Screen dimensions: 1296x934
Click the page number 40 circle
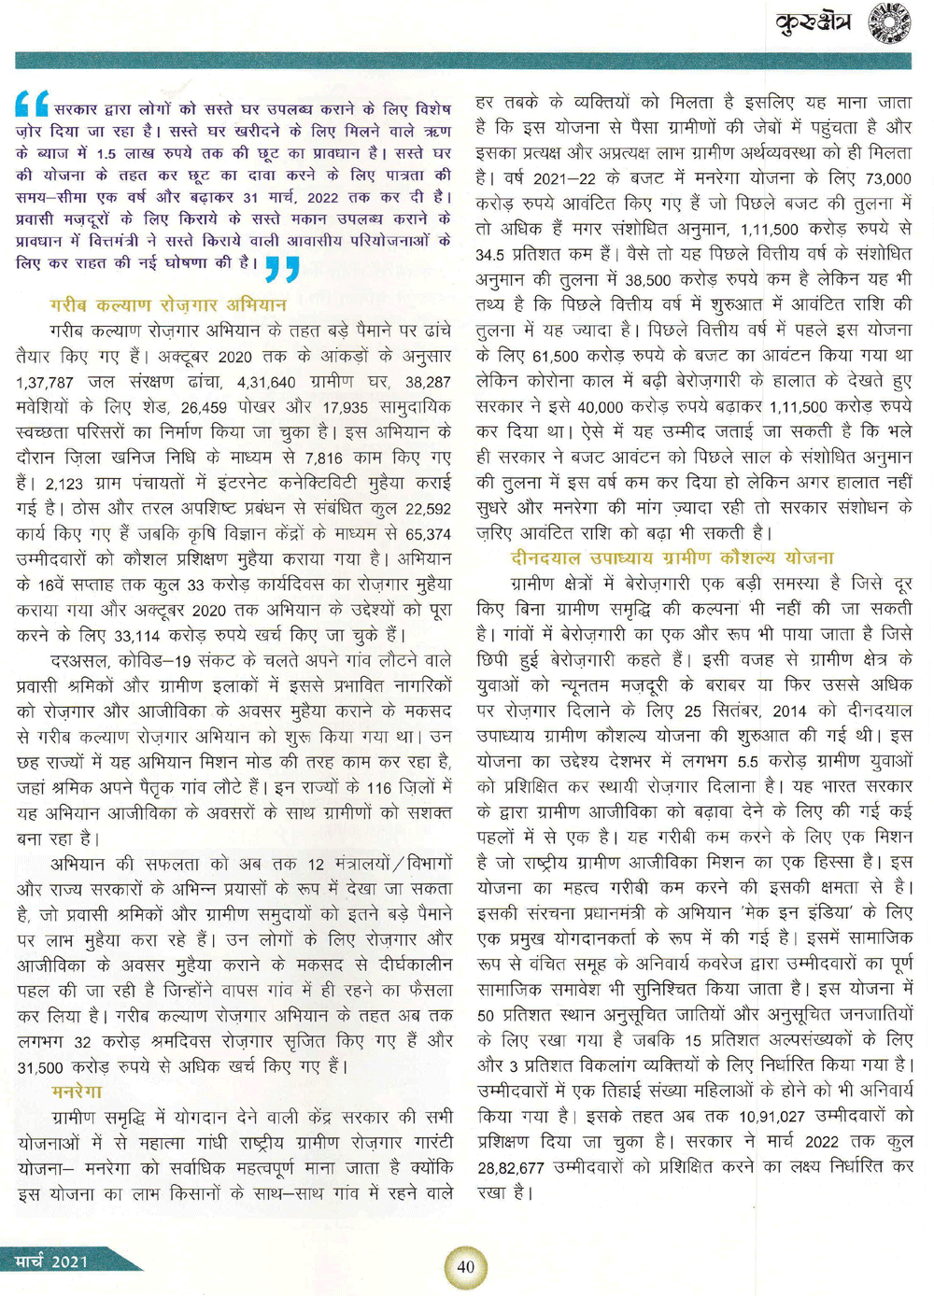click(x=465, y=1267)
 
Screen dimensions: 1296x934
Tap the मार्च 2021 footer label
click(x=52, y=1261)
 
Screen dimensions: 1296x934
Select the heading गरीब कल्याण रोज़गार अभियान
click(x=168, y=304)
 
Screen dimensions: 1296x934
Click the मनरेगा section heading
click(x=78, y=1091)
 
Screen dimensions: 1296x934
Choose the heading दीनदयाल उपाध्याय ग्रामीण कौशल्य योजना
click(x=672, y=557)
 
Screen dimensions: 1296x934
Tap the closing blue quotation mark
click(x=281, y=268)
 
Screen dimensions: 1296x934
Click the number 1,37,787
click(x=46, y=382)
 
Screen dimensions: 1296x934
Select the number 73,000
click(x=887, y=178)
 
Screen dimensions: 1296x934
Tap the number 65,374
click(x=428, y=534)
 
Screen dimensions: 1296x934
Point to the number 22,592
click(x=427, y=509)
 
